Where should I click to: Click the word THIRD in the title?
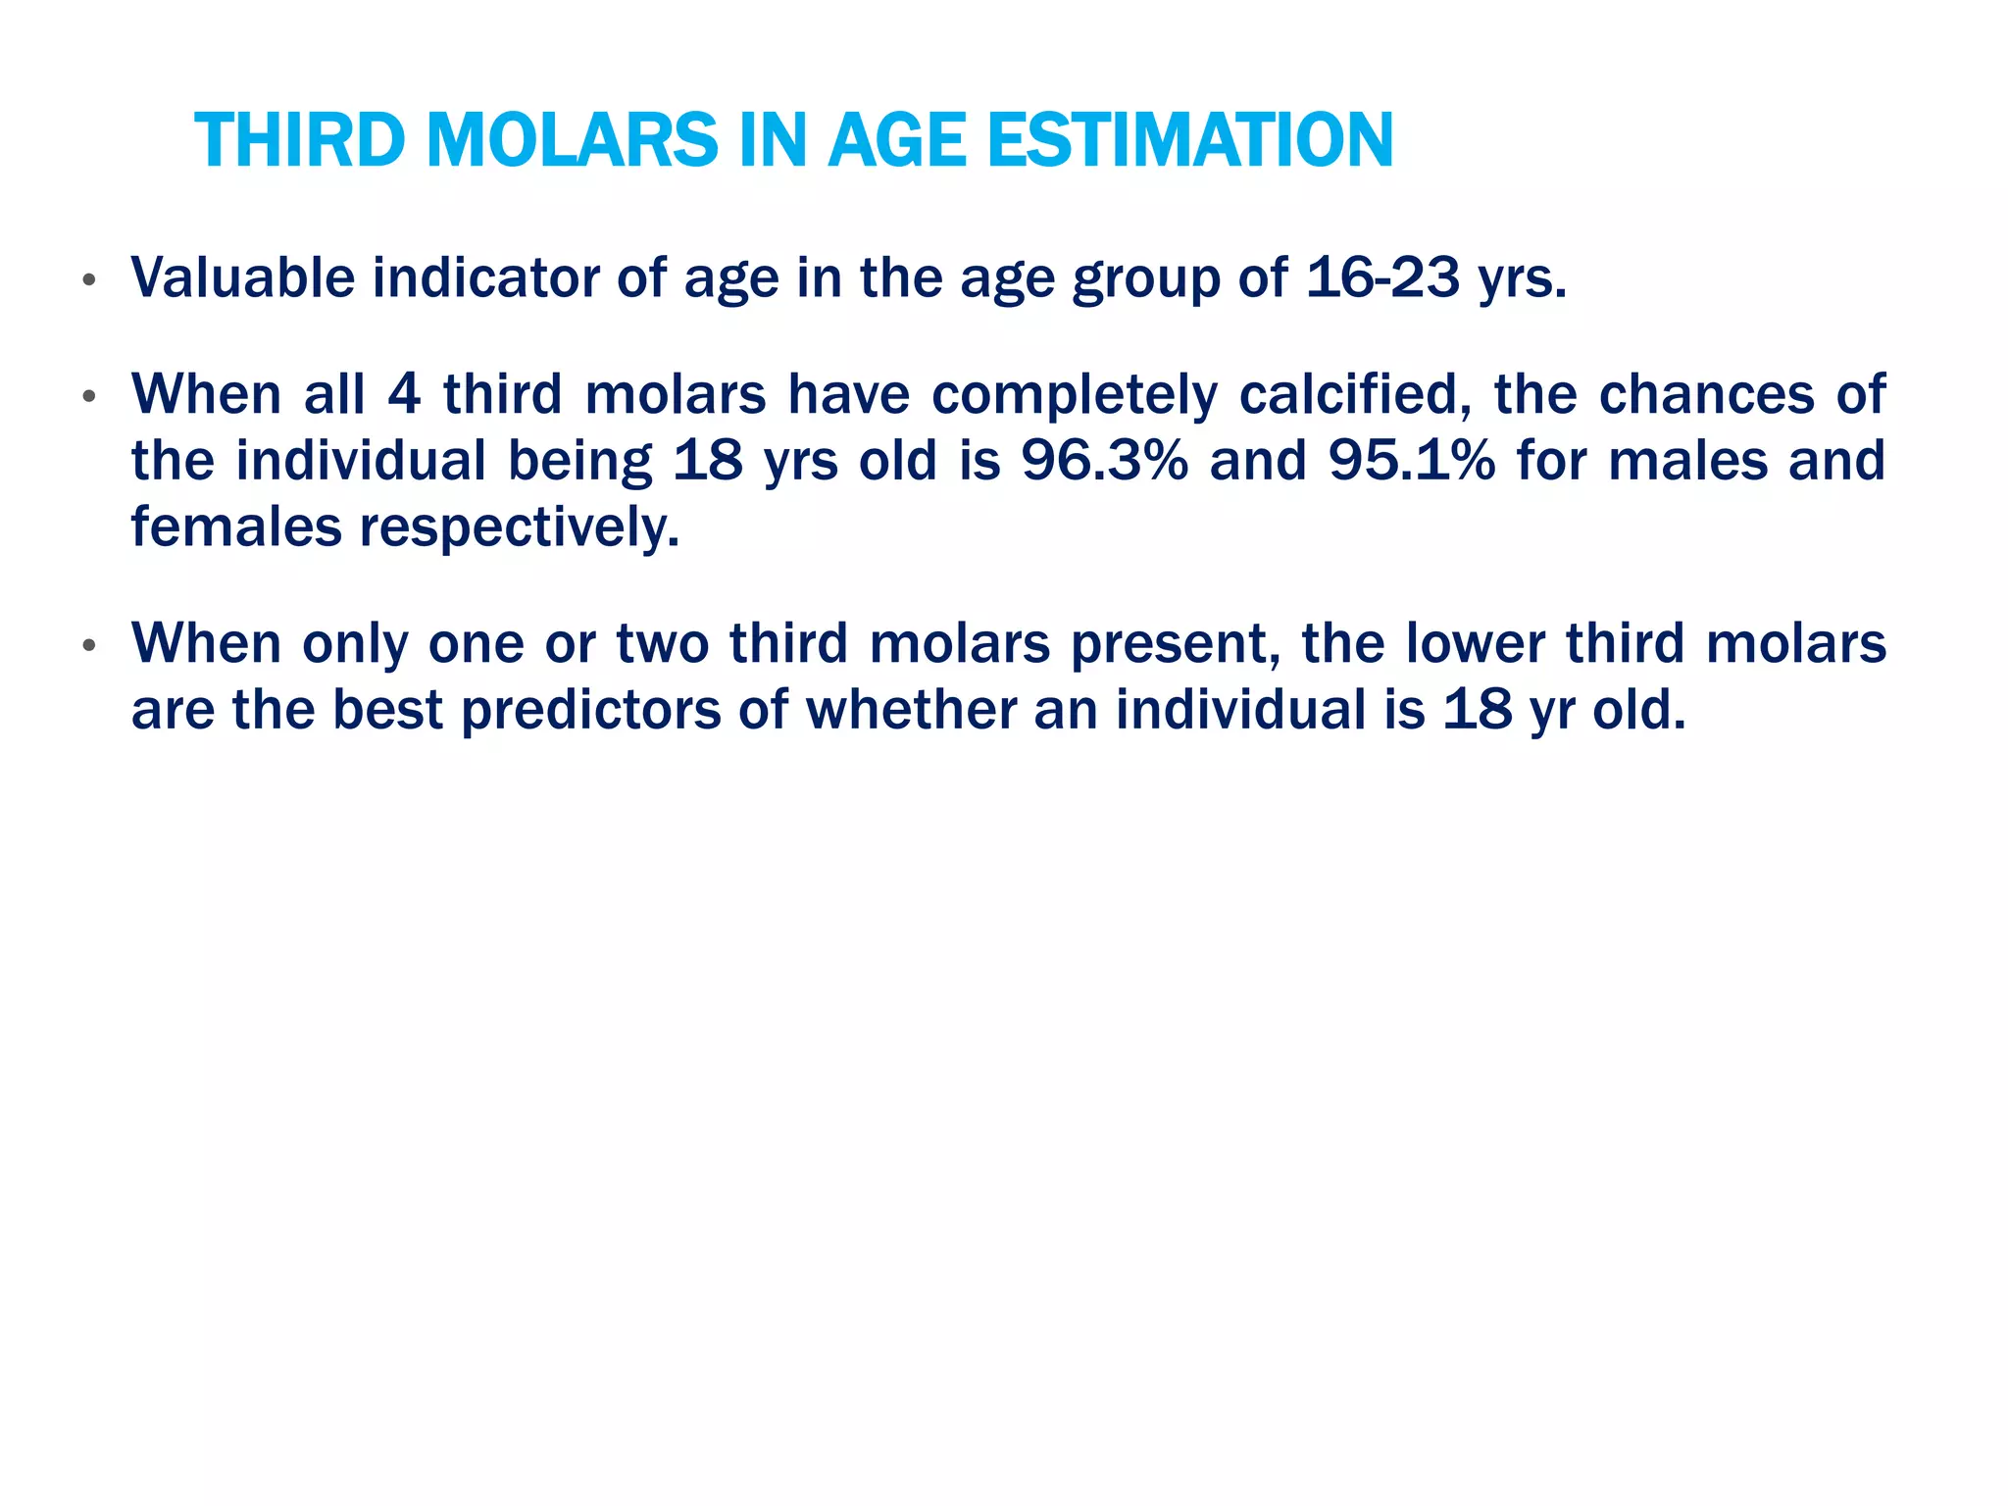click(299, 140)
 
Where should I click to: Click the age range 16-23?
click(1382, 277)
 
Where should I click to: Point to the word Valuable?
click(243, 277)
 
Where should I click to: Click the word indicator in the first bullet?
click(485, 277)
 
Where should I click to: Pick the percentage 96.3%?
click(1105, 461)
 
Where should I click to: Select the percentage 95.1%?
click(1412, 461)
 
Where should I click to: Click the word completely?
click(1074, 396)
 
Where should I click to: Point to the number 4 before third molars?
click(405, 394)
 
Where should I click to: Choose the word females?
click(236, 527)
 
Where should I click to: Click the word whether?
click(911, 710)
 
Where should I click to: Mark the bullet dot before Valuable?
click(89, 280)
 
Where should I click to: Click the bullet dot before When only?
click(89, 646)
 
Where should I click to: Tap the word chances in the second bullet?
click(1707, 394)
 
